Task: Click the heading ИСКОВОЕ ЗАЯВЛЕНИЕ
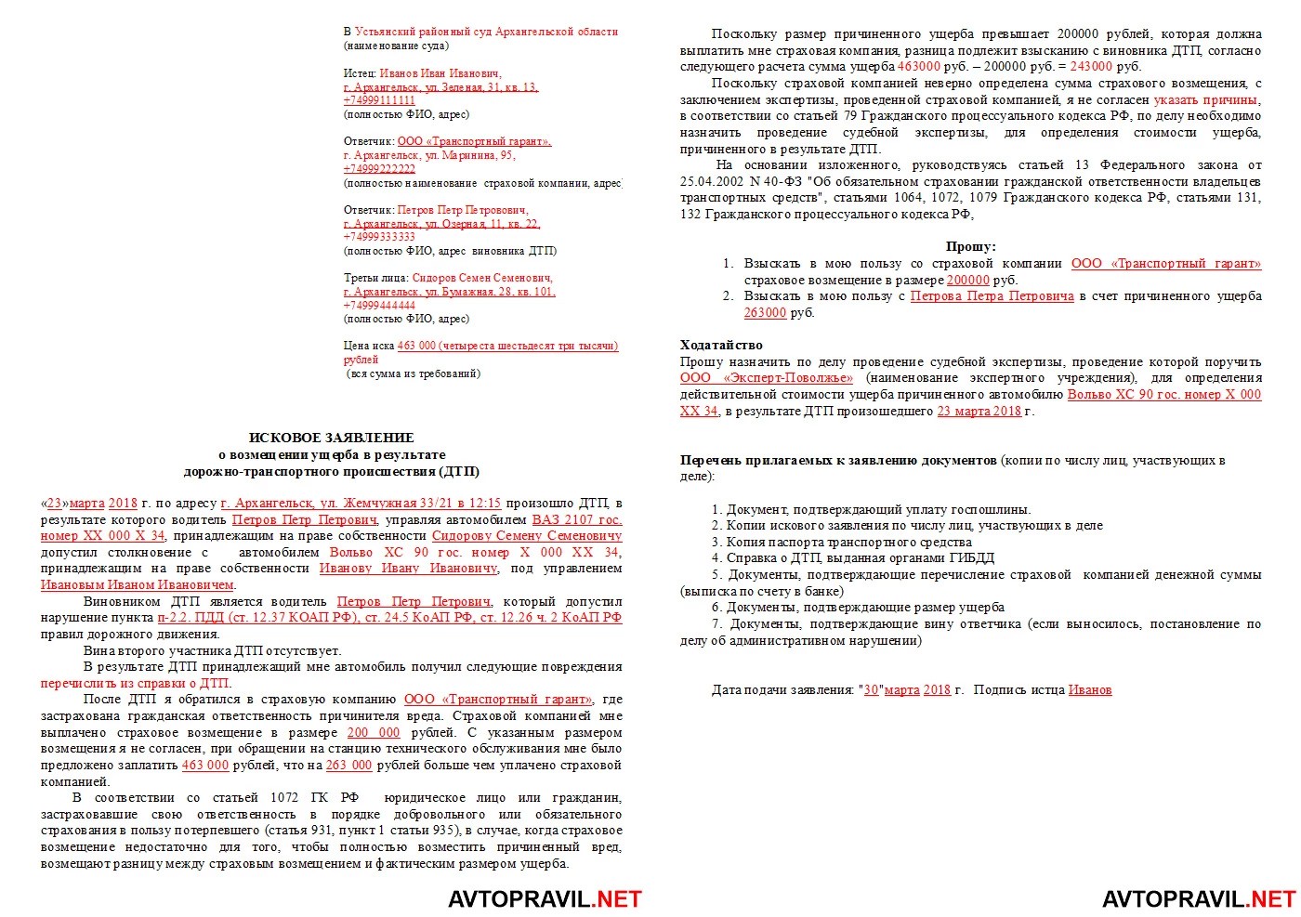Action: pos(331,438)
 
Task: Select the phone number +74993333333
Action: pos(379,237)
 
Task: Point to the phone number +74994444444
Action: pos(379,305)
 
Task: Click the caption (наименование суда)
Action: pos(396,46)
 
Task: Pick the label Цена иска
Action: pos(368,346)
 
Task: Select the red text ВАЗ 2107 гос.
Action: pos(576,520)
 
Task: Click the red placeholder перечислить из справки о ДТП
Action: pos(136,683)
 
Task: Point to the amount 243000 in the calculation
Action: pos(1091,67)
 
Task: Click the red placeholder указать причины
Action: pos(1207,99)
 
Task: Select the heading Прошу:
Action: pos(970,247)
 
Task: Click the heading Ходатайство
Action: pos(721,346)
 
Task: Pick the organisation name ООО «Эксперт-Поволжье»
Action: pos(766,378)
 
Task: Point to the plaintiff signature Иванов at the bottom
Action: pos(1089,689)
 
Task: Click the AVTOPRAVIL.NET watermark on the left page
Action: pos(545,898)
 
